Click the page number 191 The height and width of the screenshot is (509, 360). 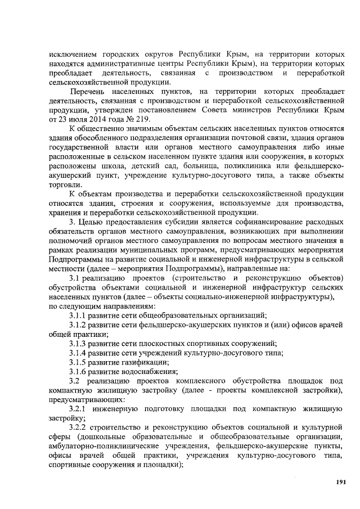[x=339, y=482]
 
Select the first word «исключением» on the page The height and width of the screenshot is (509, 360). [x=73, y=54]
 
